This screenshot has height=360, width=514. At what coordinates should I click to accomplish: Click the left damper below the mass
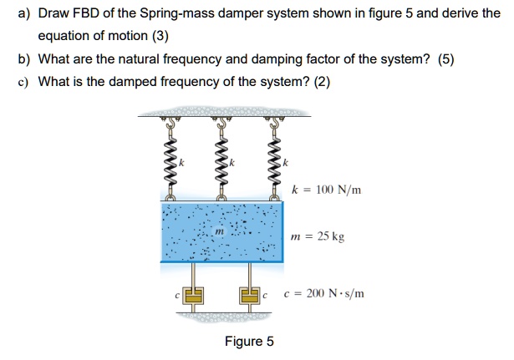(194, 294)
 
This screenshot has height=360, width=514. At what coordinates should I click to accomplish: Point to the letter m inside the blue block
(219, 231)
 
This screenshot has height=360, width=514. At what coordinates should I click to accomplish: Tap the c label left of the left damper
(177, 294)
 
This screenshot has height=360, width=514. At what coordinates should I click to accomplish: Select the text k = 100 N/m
(327, 190)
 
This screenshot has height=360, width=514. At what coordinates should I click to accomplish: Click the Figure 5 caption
(248, 342)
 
